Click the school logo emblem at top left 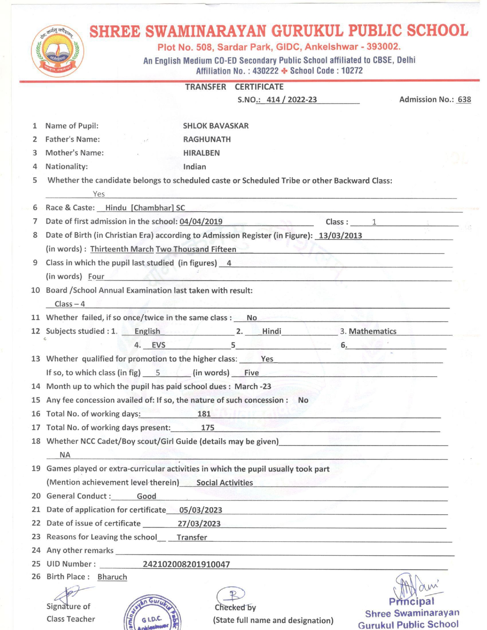click(57, 50)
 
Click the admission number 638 click(464, 100)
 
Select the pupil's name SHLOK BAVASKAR click(215, 126)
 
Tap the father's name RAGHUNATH click(207, 139)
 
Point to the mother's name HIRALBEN click(201, 153)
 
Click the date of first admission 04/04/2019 click(201, 221)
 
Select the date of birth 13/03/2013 click(340, 235)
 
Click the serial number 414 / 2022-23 click(291, 100)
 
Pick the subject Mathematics click(372, 331)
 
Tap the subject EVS click(159, 345)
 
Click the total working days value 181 click(204, 414)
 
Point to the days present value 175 click(207, 428)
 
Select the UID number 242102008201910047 click(186, 564)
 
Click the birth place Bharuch click(112, 577)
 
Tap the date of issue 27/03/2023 click(199, 523)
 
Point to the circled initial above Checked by click(231, 595)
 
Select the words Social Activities click(225, 483)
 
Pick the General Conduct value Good click(146, 496)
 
